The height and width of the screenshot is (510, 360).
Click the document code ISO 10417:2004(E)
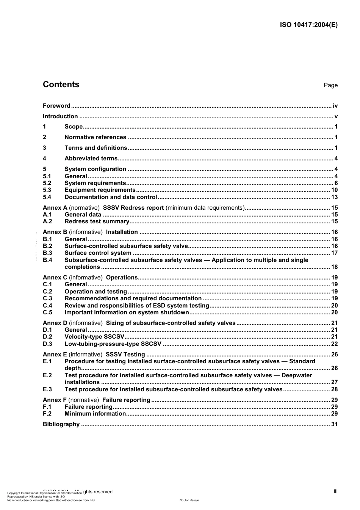[308, 25]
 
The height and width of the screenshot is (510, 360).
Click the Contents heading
[61, 85]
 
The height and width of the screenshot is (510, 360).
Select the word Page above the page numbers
[330, 85]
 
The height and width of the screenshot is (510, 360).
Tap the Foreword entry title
[56, 106]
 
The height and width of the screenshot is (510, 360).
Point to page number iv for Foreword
[335, 106]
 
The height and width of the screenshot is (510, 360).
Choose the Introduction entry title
[60, 116]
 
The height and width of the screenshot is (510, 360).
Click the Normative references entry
[95, 137]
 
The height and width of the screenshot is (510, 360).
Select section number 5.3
[47, 190]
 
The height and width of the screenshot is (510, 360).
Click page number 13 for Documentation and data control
[334, 197]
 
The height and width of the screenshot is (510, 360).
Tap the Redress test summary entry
[97, 221]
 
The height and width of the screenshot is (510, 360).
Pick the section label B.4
[47, 260]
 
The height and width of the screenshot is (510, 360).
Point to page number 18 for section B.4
[334, 267]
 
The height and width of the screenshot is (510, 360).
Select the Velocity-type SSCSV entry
[94, 337]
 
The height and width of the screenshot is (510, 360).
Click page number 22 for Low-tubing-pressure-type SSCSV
[334, 344]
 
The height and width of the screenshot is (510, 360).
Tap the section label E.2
[47, 375]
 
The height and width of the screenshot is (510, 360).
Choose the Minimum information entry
[95, 414]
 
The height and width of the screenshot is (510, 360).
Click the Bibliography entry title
[61, 424]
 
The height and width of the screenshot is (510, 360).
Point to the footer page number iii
[335, 491]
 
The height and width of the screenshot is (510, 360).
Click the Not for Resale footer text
[189, 500]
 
